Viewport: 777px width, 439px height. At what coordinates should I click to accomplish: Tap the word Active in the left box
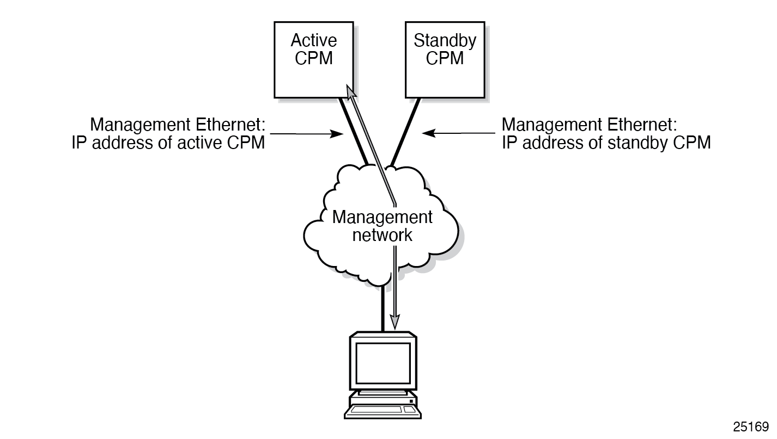point(313,41)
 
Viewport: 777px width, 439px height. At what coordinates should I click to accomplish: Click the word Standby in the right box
point(445,41)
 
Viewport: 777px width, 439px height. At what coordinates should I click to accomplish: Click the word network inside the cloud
point(382,235)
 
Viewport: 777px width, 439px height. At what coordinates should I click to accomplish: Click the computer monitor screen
point(383,362)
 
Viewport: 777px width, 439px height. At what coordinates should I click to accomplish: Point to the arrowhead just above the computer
point(395,322)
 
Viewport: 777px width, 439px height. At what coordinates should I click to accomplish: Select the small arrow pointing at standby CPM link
point(430,133)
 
